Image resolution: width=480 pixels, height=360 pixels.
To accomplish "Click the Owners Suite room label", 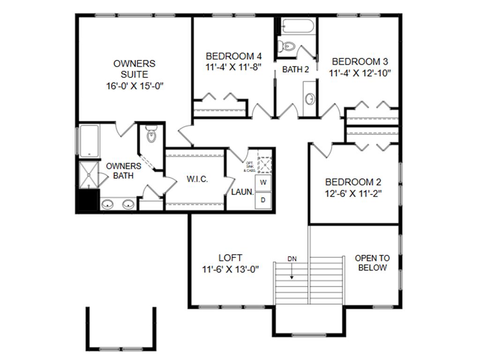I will pyautogui.click(x=134, y=68).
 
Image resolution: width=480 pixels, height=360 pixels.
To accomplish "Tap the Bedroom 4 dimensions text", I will pyautogui.click(x=233, y=67).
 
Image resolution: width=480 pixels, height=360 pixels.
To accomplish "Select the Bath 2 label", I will pyautogui.click(x=295, y=70).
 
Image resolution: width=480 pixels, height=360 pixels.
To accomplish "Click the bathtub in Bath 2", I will pyautogui.click(x=298, y=27).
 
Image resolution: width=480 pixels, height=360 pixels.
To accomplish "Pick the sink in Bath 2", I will pyautogui.click(x=310, y=99).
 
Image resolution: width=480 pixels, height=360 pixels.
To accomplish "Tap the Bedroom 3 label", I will pyautogui.click(x=360, y=61).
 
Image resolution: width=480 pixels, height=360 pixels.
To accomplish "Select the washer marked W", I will pyautogui.click(x=263, y=182).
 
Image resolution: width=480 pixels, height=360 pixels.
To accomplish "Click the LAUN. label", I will pyautogui.click(x=242, y=192).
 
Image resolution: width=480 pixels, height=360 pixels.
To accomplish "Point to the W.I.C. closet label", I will pyautogui.click(x=197, y=179).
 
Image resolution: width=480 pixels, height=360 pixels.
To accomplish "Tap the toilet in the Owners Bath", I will pyautogui.click(x=151, y=135).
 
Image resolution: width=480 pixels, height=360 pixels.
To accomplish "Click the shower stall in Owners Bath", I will pyautogui.click(x=88, y=174).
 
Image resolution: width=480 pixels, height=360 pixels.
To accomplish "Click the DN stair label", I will pyautogui.click(x=292, y=259).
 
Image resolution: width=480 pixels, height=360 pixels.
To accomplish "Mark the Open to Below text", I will pyautogui.click(x=372, y=263).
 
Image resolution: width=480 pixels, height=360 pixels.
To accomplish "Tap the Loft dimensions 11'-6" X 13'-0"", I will pyautogui.click(x=231, y=270).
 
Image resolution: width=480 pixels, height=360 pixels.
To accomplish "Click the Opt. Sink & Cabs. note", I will pyautogui.click(x=249, y=166).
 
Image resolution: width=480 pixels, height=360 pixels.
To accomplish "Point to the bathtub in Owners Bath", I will pyautogui.click(x=89, y=140).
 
